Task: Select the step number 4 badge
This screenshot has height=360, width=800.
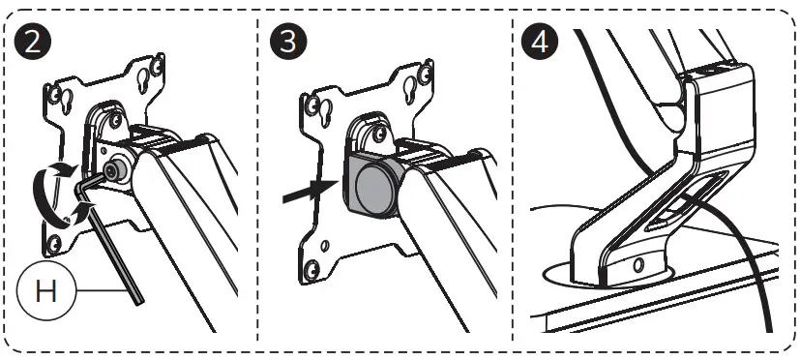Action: [538, 44]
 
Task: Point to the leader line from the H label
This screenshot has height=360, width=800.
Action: [102, 289]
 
